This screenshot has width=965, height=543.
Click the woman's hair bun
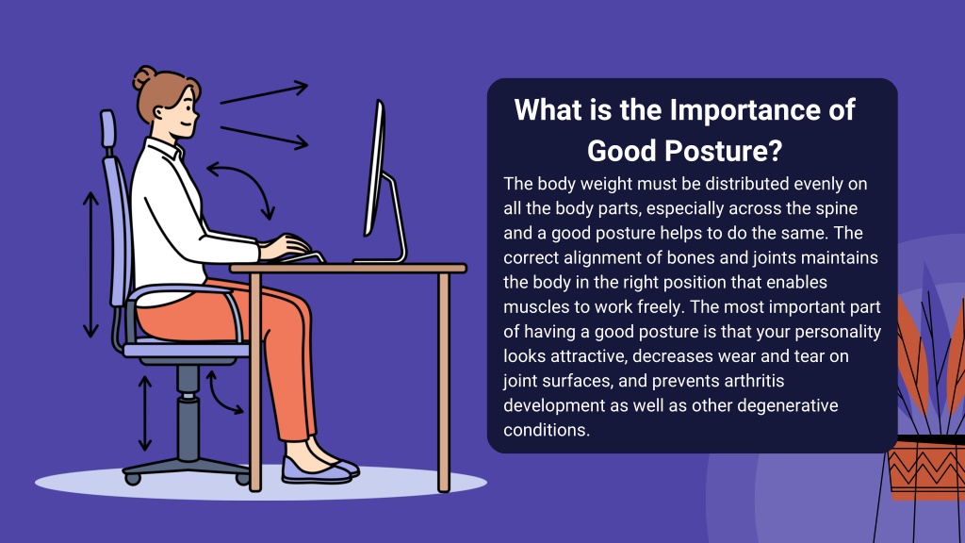(x=144, y=77)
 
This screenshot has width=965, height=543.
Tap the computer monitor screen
(x=375, y=168)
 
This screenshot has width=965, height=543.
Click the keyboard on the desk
(x=302, y=257)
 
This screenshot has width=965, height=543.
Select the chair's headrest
(x=107, y=129)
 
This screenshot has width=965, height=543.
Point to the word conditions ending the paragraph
(x=547, y=430)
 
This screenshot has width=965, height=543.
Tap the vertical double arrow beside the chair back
(x=90, y=265)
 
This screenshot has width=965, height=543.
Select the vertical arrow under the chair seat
(x=144, y=413)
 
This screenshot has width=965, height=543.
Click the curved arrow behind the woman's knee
(x=221, y=395)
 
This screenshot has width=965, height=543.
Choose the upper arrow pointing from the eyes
(x=264, y=92)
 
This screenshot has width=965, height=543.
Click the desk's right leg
(x=444, y=382)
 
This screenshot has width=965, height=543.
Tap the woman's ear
(x=160, y=114)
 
